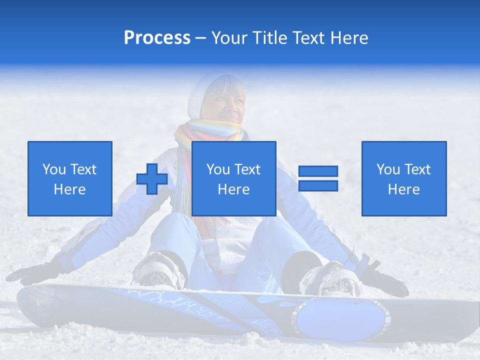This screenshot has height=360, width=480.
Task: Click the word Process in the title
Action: click(x=157, y=38)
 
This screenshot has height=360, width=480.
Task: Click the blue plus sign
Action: click(x=152, y=179)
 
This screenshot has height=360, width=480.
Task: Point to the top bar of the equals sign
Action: click(x=318, y=171)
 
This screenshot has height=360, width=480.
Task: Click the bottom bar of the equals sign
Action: click(x=318, y=186)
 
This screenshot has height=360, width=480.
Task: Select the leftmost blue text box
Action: click(x=69, y=178)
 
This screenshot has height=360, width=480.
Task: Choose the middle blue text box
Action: click(x=233, y=178)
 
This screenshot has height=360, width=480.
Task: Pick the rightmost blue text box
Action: click(x=403, y=178)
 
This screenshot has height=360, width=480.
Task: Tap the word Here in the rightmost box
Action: click(x=403, y=189)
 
